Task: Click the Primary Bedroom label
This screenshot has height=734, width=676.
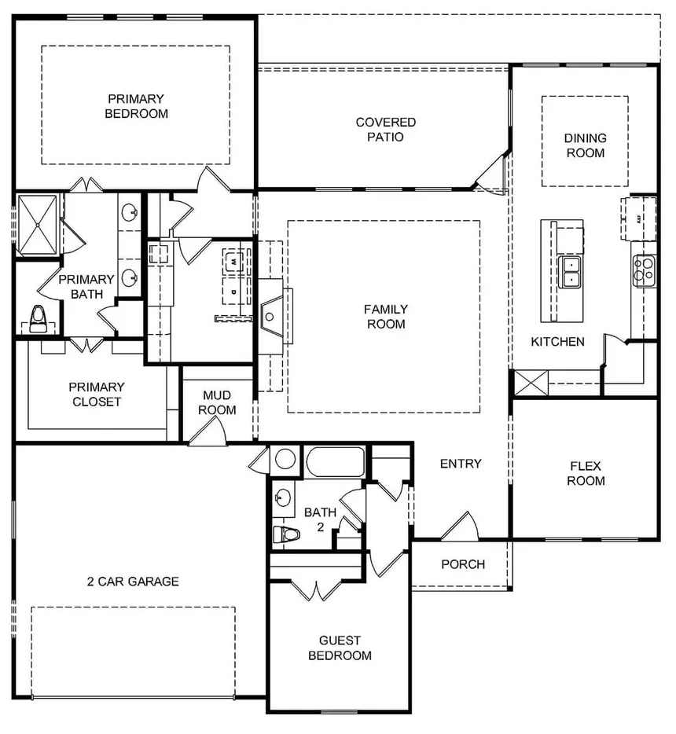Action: pos(138,106)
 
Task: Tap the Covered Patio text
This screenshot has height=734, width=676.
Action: pos(385,130)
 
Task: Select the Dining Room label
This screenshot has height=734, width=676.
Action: pos(585,145)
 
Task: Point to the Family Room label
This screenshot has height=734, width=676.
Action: pos(385,317)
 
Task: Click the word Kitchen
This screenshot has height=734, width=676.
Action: pos(557,342)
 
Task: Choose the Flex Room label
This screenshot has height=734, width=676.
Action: pos(586,473)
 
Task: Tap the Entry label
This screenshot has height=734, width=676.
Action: pos(461,464)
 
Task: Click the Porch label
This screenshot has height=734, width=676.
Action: pos(462,564)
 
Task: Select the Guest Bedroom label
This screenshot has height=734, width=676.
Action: pos(340,648)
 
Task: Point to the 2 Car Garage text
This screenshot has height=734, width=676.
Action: pos(133,582)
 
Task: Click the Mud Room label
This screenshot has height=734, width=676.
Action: pos(217,402)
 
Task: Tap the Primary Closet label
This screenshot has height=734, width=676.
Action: pos(96,395)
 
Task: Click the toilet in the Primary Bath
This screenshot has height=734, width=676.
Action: pos(36,316)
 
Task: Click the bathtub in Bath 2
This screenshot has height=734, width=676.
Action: pos(336,461)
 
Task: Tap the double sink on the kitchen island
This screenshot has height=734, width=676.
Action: pos(571,271)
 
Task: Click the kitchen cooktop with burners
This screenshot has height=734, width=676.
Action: pos(645,270)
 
